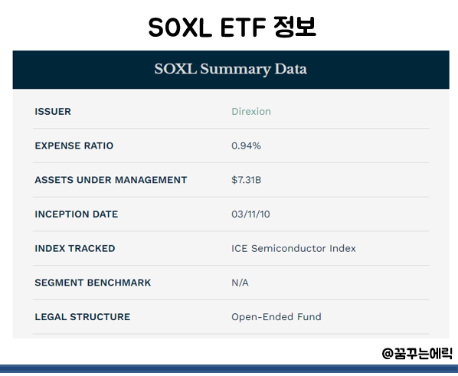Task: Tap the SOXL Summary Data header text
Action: pos(230,69)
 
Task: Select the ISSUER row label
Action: pos(53,112)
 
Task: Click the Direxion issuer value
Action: pos(251,112)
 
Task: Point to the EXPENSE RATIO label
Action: pos(74,145)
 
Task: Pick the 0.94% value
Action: pos(246,145)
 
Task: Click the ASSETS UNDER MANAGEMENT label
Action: pos(110,180)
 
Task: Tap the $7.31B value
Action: pos(247,180)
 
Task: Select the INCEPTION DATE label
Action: pos(76,214)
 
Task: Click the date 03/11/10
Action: pos(250,214)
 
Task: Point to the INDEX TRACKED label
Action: pos(74,248)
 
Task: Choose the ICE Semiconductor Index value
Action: pos(293,248)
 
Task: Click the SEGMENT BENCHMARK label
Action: pos(93,283)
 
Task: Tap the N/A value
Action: pos(240,283)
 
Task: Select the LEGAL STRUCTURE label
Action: pos(82,317)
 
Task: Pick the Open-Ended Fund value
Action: pos(276,317)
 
